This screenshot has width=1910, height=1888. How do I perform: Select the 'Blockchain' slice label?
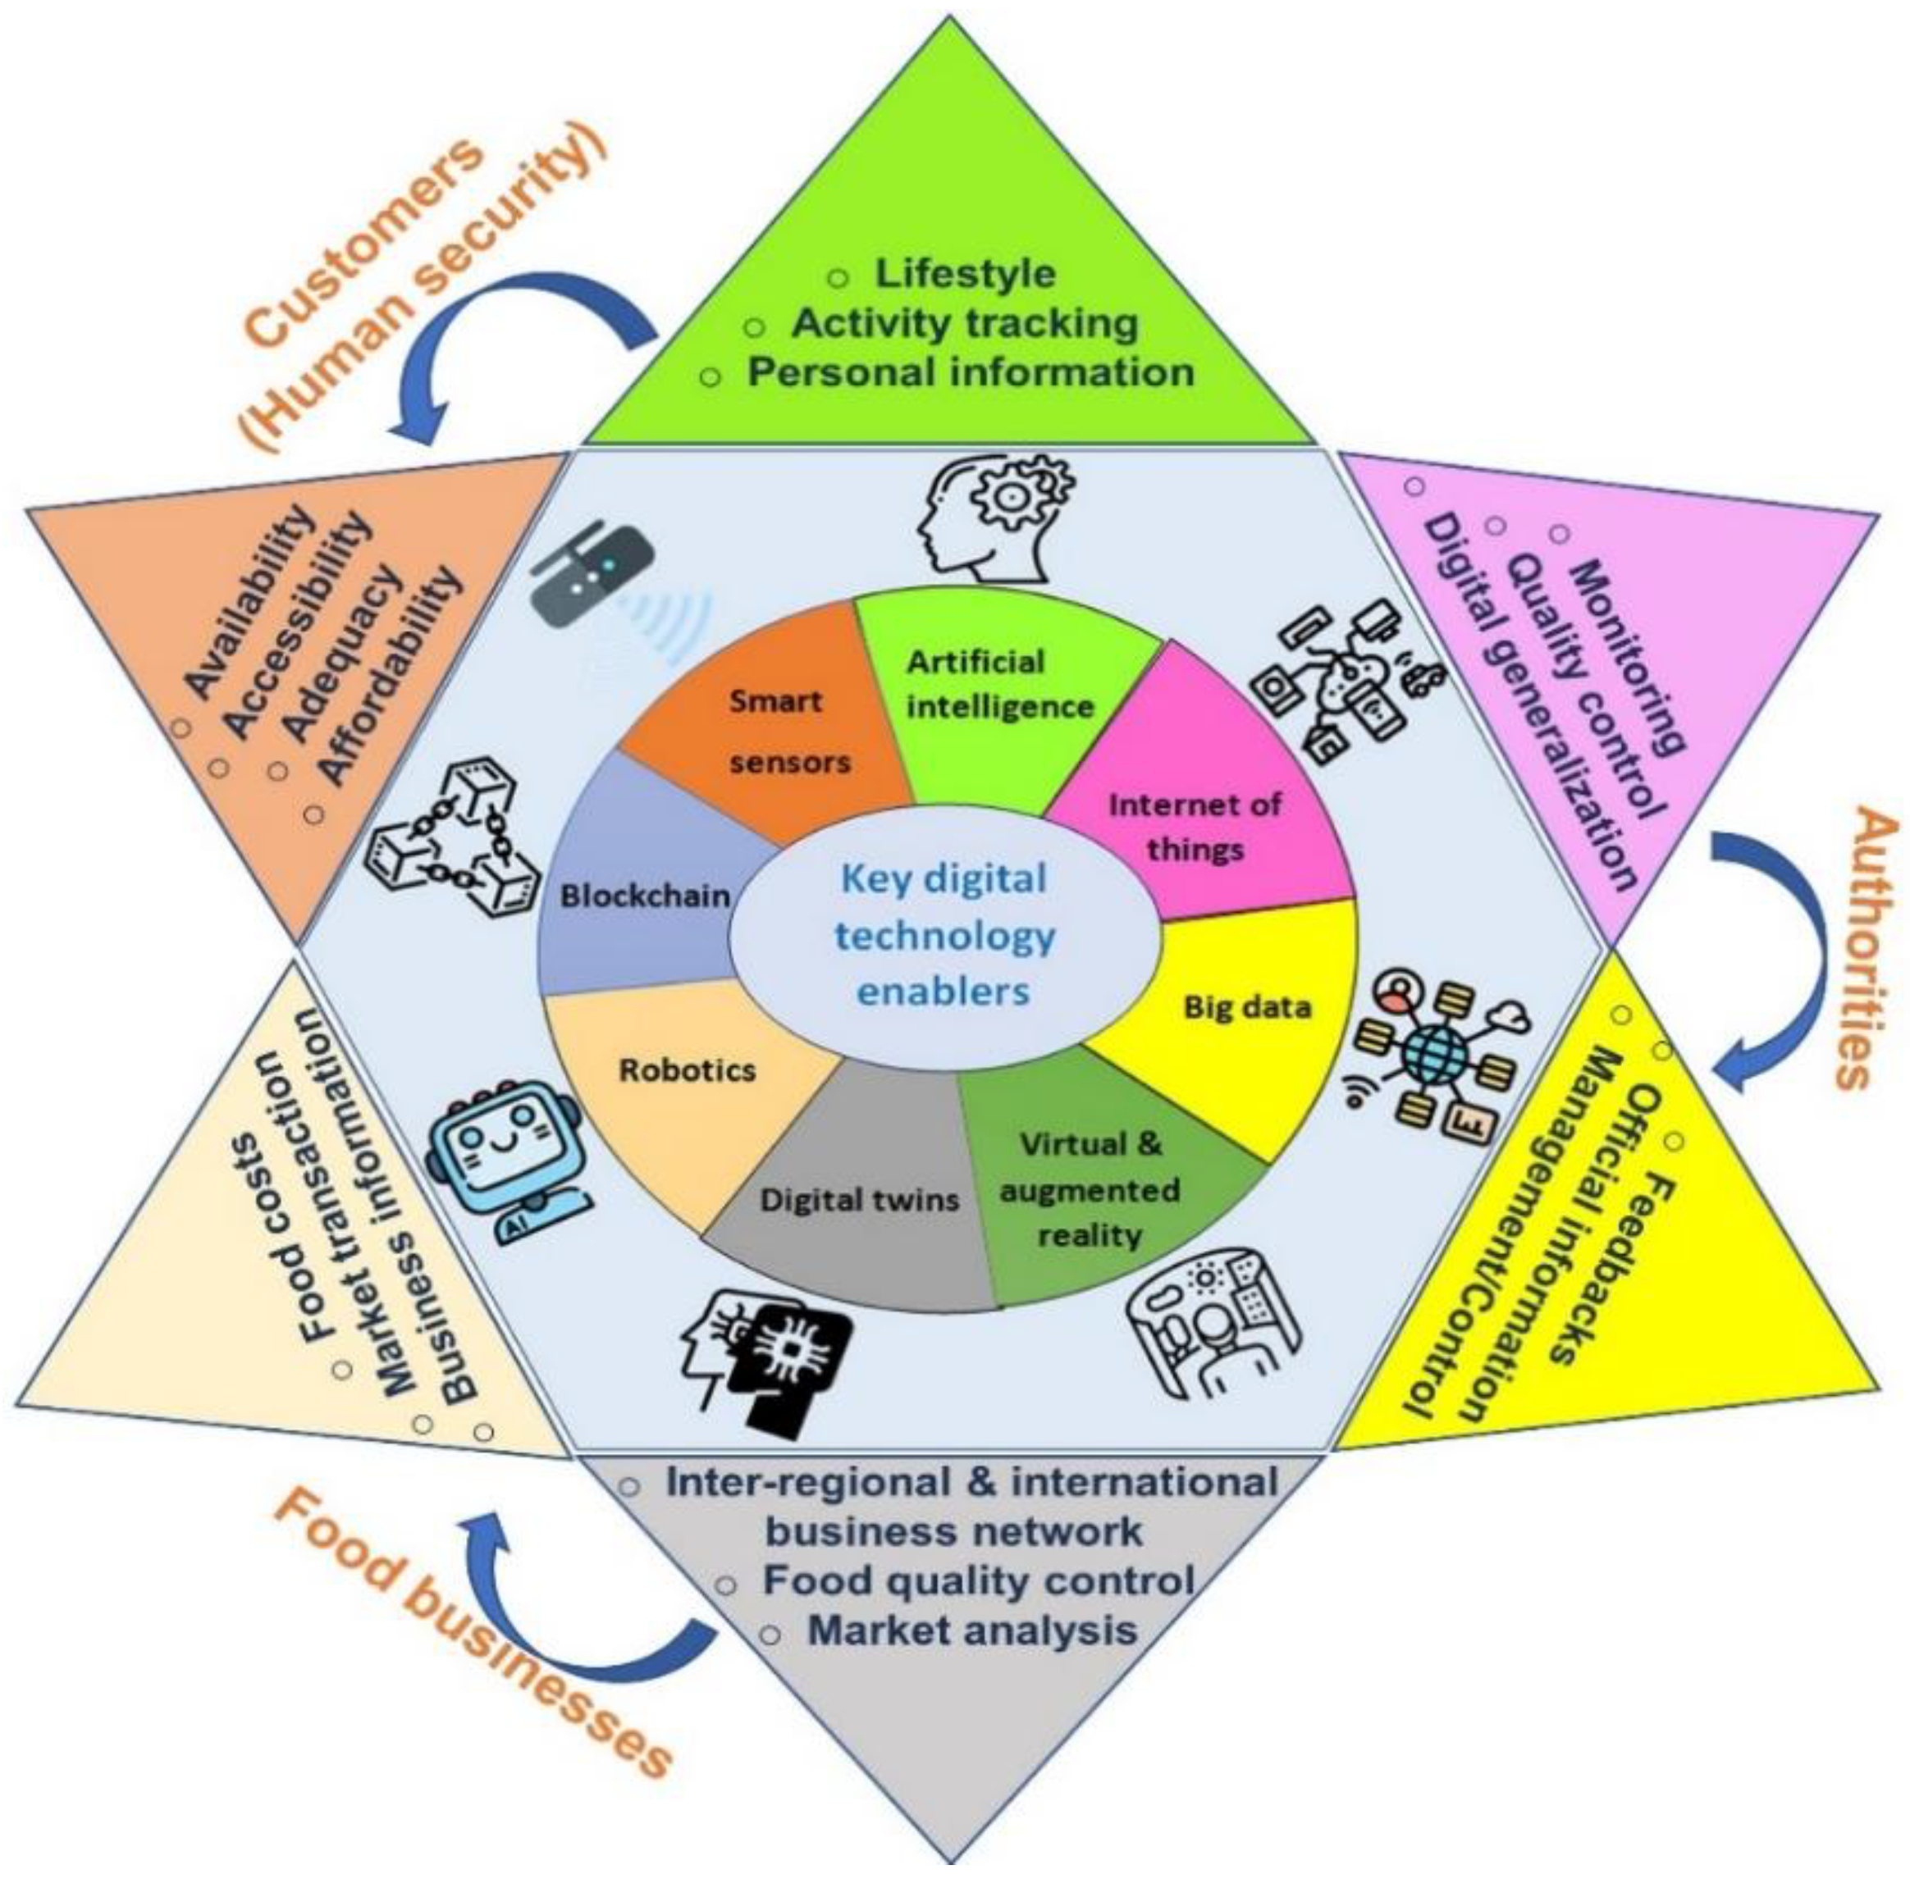[x=645, y=896]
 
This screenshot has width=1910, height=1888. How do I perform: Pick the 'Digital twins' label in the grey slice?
[x=859, y=1200]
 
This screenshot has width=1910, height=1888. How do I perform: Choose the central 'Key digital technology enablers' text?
[x=944, y=934]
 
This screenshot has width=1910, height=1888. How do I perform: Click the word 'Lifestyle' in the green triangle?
[x=965, y=274]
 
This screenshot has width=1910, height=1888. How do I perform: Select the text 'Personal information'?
[x=969, y=372]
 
